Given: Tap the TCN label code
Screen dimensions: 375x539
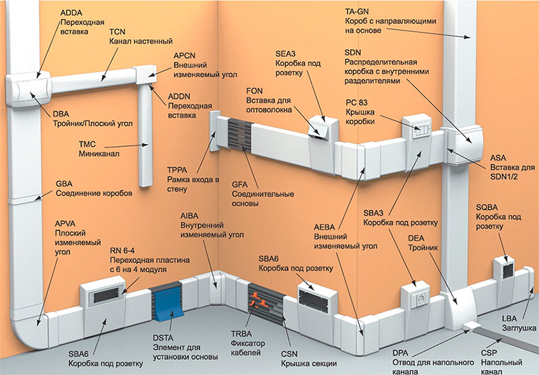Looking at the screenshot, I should tap(117, 31).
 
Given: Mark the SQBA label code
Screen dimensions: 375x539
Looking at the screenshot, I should tap(488, 208).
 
